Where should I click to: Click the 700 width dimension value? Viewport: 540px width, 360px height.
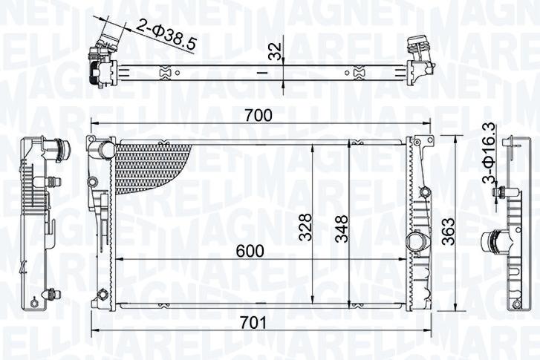259,115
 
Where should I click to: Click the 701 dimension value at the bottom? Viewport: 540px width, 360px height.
254,324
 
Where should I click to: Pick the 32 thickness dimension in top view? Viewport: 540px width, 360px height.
274,52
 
